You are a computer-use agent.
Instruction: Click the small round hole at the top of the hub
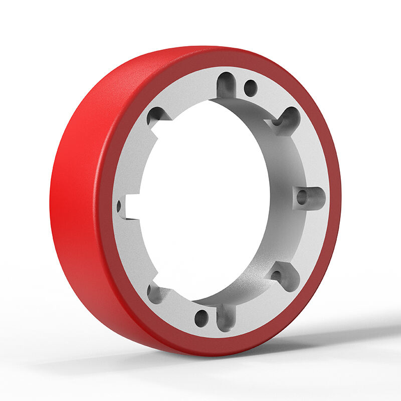click(x=250, y=88)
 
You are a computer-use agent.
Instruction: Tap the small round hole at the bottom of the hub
click(x=200, y=317)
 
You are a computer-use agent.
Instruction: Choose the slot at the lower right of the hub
click(x=277, y=274)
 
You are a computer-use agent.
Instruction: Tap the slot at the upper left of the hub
click(x=154, y=116)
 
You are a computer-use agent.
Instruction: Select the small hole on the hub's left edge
click(x=119, y=206)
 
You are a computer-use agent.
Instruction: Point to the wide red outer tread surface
click(x=75, y=200)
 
